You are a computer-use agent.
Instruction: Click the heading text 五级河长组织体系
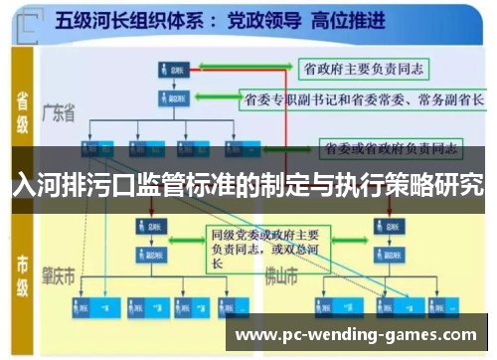click(x=130, y=19)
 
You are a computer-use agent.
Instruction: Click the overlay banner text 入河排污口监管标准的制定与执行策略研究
click(x=248, y=184)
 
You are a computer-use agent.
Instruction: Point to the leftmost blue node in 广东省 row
click(x=95, y=149)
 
